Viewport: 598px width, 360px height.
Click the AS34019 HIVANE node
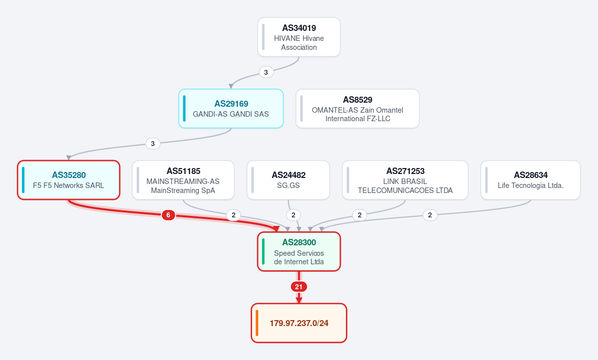299,37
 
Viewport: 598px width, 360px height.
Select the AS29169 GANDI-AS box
231,108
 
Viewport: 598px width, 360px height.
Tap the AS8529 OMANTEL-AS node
357,108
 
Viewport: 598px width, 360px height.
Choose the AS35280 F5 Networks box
69,180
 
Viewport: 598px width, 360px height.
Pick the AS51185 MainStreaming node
183,180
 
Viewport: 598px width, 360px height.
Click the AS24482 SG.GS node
289,180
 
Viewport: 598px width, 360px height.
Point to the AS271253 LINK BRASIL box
405,180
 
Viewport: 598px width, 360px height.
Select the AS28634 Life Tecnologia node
530,180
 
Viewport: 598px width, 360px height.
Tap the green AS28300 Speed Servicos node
299,252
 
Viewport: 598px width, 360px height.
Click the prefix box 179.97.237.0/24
299,323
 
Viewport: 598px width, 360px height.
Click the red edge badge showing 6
168,215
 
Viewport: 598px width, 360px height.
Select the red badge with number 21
299,287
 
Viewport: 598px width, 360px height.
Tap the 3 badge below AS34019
266,72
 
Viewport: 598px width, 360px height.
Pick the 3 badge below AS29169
153,144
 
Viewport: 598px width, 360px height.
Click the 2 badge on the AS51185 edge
234,215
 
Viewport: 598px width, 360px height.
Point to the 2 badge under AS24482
294,215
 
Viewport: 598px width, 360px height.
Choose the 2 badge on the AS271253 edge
360,215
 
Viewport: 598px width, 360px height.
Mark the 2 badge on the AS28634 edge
430,215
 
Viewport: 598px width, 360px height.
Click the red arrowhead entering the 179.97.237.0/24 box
299,300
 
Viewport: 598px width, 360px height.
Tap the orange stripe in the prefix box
257,323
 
